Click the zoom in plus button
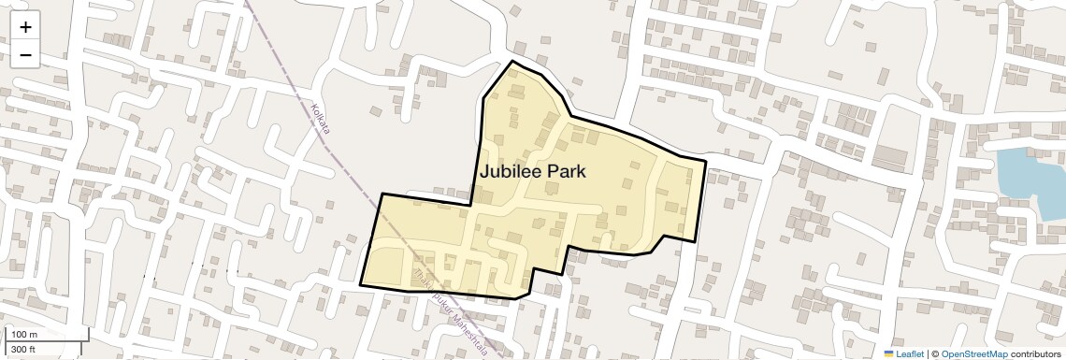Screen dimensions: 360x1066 pos(25,28)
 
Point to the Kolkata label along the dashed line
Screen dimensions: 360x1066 pos(321,119)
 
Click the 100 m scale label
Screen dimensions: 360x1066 pos(24,335)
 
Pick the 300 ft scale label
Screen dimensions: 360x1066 pos(23,350)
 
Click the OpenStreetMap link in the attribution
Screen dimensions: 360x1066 pos(973,354)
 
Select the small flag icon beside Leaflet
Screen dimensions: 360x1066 pos(888,354)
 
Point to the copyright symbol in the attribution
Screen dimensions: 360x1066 pos(933,354)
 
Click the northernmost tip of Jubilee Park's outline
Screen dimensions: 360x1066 pos(512,62)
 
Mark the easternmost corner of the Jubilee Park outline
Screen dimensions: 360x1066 pos(705,161)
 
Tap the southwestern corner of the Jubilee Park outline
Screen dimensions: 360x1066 pos(360,284)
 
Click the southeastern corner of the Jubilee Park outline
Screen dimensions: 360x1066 pos(695,241)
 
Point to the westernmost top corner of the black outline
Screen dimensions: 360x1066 pos(382,194)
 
